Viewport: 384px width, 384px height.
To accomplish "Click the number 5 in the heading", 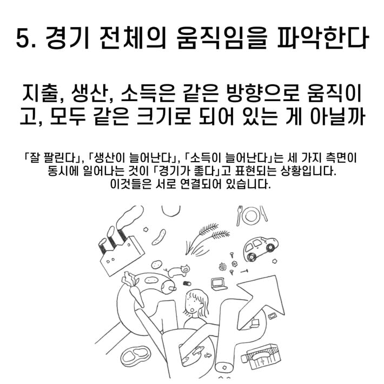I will (22, 38).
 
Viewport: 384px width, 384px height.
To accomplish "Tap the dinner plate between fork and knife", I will (251, 215).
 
